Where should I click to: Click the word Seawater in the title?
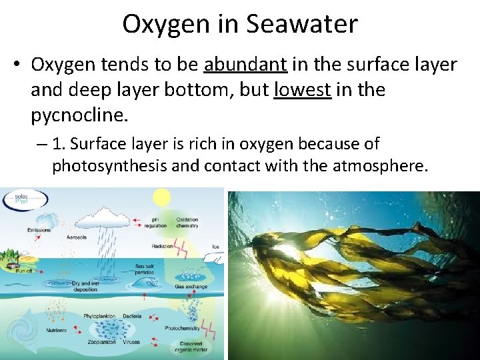[302, 25]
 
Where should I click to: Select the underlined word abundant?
[245, 65]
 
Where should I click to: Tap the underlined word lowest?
[303, 90]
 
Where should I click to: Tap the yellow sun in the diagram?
[161, 197]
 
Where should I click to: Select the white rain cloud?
[103, 217]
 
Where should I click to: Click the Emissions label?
[39, 231]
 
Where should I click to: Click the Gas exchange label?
[191, 287]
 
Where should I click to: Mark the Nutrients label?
[57, 329]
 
